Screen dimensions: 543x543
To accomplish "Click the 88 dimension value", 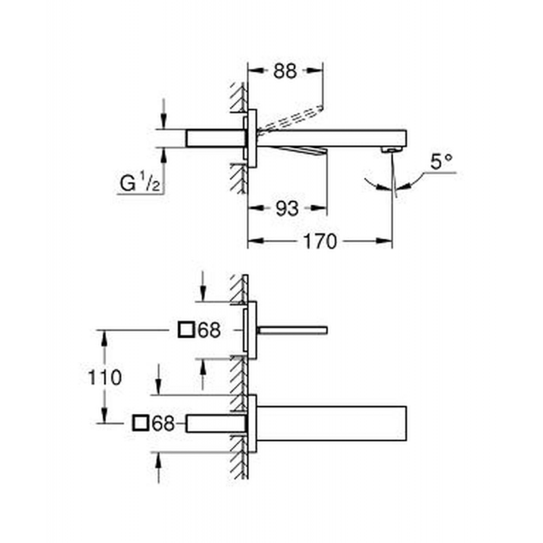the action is click(284, 71).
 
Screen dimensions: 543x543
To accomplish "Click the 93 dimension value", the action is click(286, 208).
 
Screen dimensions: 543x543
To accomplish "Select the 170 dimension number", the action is click(320, 241).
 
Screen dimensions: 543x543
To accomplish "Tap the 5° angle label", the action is click(442, 162).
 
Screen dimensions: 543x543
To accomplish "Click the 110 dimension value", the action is click(105, 377).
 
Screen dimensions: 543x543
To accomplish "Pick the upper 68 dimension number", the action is click(209, 330).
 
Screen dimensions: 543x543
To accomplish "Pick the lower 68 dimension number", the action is click(163, 423).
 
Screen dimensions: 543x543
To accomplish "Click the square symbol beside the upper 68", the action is click(186, 330).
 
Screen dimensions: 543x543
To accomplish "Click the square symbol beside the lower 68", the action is click(141, 423).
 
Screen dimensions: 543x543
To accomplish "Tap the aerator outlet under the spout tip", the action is click(392, 149).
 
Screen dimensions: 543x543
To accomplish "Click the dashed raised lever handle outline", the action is click(291, 119).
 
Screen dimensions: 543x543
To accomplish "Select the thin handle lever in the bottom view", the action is click(293, 331).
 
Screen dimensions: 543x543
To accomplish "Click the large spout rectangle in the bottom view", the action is click(331, 423).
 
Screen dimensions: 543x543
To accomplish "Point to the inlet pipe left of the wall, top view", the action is click(216, 138).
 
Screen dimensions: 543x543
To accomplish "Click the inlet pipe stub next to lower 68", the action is click(216, 423).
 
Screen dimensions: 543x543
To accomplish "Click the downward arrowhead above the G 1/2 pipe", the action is click(164, 121).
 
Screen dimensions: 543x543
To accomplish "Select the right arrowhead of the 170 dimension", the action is click(384, 241).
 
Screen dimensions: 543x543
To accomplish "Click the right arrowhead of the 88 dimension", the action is click(315, 71).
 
